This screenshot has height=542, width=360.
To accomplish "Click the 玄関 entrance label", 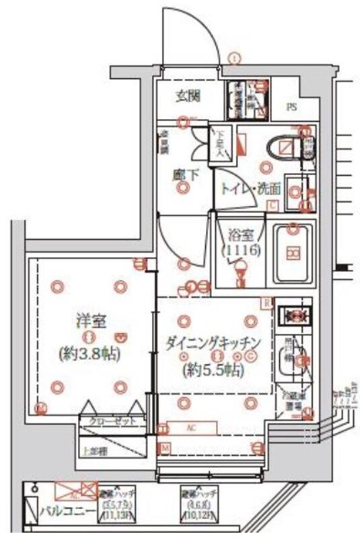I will point(188,96).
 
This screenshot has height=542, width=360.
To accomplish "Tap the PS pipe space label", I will point(293,107).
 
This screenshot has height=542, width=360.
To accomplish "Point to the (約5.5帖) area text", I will point(213,370).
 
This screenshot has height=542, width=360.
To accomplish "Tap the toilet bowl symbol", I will point(283,147).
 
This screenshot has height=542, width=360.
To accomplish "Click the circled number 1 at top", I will point(233,58).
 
